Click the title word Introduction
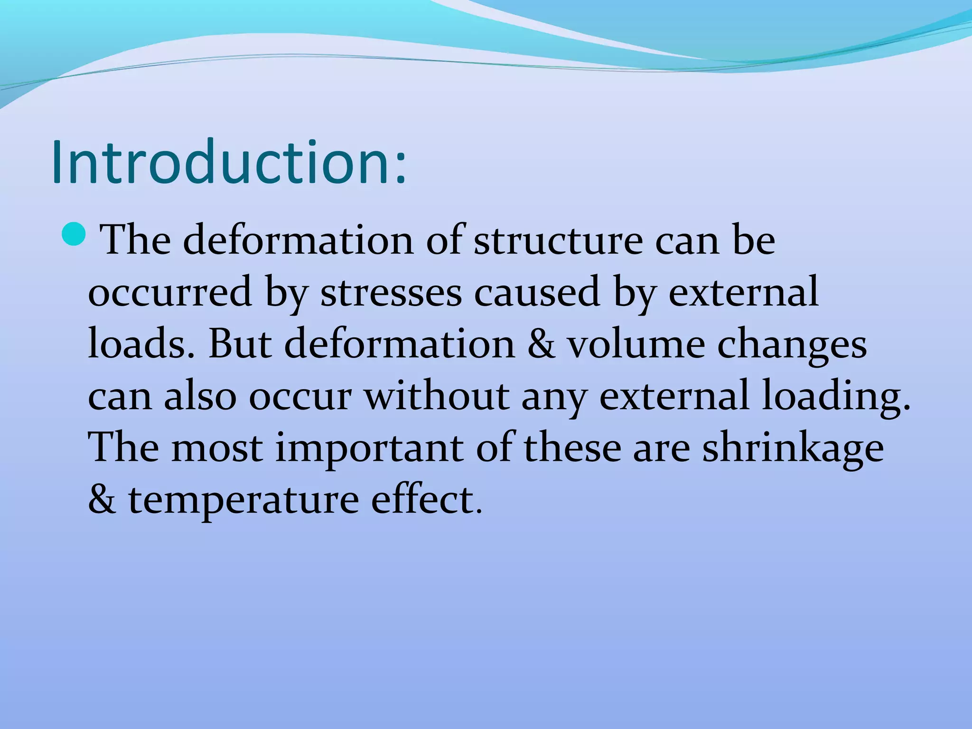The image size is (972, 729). (x=228, y=162)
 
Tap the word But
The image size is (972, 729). (x=240, y=344)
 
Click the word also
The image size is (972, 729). (x=200, y=396)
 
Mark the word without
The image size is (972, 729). (x=437, y=396)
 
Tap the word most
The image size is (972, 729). (x=217, y=448)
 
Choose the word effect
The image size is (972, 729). (x=426, y=499)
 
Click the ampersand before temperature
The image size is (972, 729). (x=102, y=499)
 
